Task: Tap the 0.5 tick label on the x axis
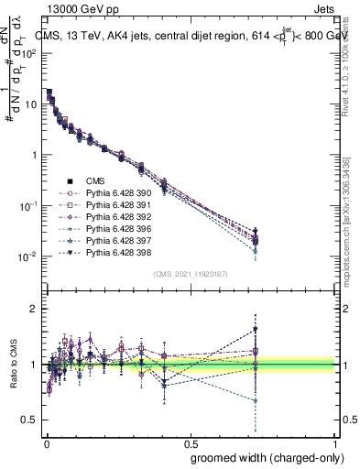coord(190,442)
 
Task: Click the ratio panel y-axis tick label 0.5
coord(29,420)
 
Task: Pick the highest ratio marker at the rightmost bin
coord(256,329)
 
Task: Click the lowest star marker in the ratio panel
coord(256,400)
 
